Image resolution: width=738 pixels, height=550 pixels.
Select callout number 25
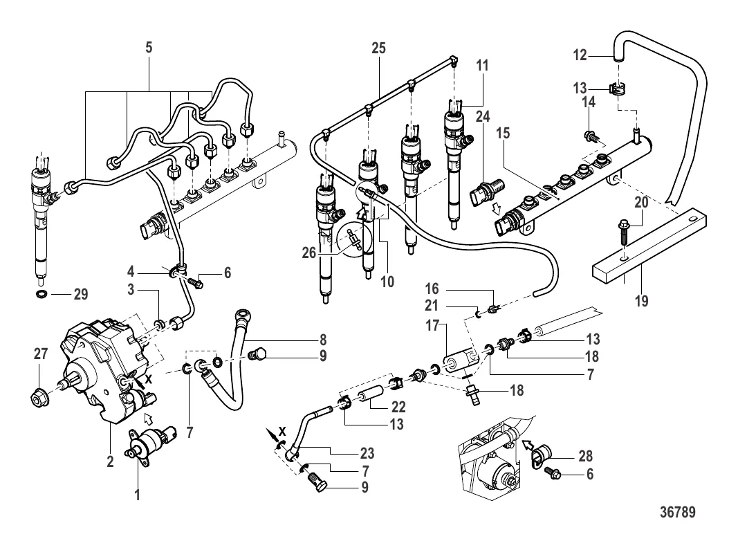(x=378, y=48)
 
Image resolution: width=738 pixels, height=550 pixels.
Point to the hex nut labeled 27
(x=39, y=398)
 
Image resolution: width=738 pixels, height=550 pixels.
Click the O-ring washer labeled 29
(x=41, y=295)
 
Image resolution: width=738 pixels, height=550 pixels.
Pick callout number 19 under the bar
(x=643, y=302)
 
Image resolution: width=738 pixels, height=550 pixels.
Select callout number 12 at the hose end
(x=580, y=53)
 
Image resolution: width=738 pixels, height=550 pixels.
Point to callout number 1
(x=137, y=495)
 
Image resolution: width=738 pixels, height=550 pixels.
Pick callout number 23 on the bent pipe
(x=366, y=454)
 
